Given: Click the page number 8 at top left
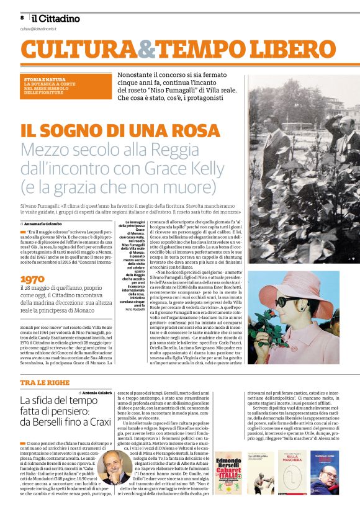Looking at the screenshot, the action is (x=22, y=18).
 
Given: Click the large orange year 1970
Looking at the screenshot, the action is (x=33, y=281).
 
